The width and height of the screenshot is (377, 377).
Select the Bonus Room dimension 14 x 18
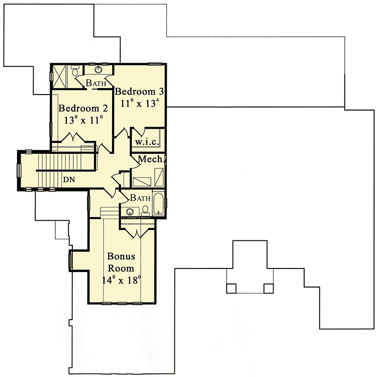tap(121, 280)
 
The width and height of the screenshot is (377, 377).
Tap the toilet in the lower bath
tap(146, 210)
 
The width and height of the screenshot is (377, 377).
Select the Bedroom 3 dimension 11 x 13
tap(140, 103)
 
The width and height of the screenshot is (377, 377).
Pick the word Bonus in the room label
tap(121, 257)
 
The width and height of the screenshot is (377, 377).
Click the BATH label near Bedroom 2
tap(96, 83)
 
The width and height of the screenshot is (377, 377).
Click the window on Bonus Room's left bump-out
tap(70, 260)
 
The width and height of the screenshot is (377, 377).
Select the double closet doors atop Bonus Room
tap(138, 230)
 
